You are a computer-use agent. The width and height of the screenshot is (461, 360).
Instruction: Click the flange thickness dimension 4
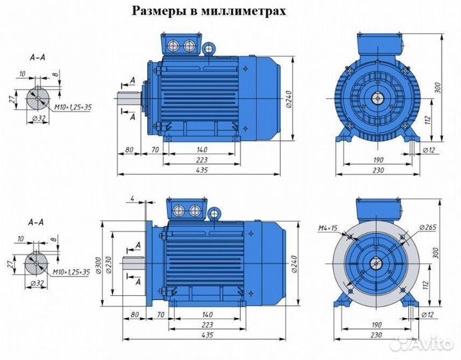[x=133, y=198]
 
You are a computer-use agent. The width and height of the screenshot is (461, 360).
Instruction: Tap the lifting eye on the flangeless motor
[x=209, y=49]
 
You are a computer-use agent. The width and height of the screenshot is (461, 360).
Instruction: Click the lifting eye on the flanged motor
[x=215, y=213]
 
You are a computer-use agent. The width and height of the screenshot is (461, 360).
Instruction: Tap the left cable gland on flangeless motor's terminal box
[x=177, y=45]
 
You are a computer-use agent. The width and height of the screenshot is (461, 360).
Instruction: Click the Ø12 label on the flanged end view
[x=424, y=313]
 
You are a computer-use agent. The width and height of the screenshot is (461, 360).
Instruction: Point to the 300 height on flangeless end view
[x=445, y=87]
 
